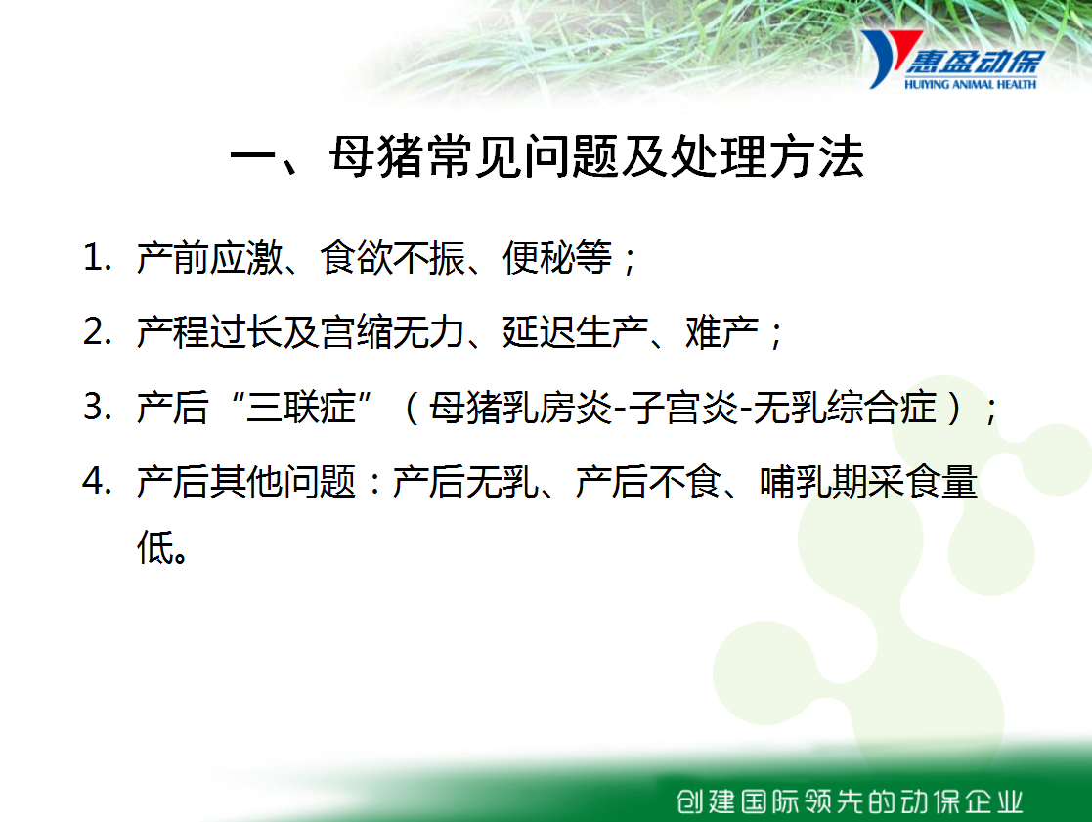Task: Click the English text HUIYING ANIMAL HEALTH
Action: tap(970, 84)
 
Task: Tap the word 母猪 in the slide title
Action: tap(376, 156)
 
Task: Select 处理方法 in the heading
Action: tap(766, 156)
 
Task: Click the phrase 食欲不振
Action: tap(393, 258)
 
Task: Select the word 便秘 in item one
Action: tap(539, 258)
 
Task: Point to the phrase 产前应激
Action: tap(209, 258)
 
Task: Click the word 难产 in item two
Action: tap(722, 332)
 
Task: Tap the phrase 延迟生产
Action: tap(576, 332)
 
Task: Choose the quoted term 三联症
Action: tap(301, 408)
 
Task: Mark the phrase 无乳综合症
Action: tap(845, 408)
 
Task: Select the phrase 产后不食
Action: tap(649, 482)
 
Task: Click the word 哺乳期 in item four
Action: tap(814, 482)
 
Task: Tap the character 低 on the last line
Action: tap(153, 547)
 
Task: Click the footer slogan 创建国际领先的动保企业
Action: tap(850, 801)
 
